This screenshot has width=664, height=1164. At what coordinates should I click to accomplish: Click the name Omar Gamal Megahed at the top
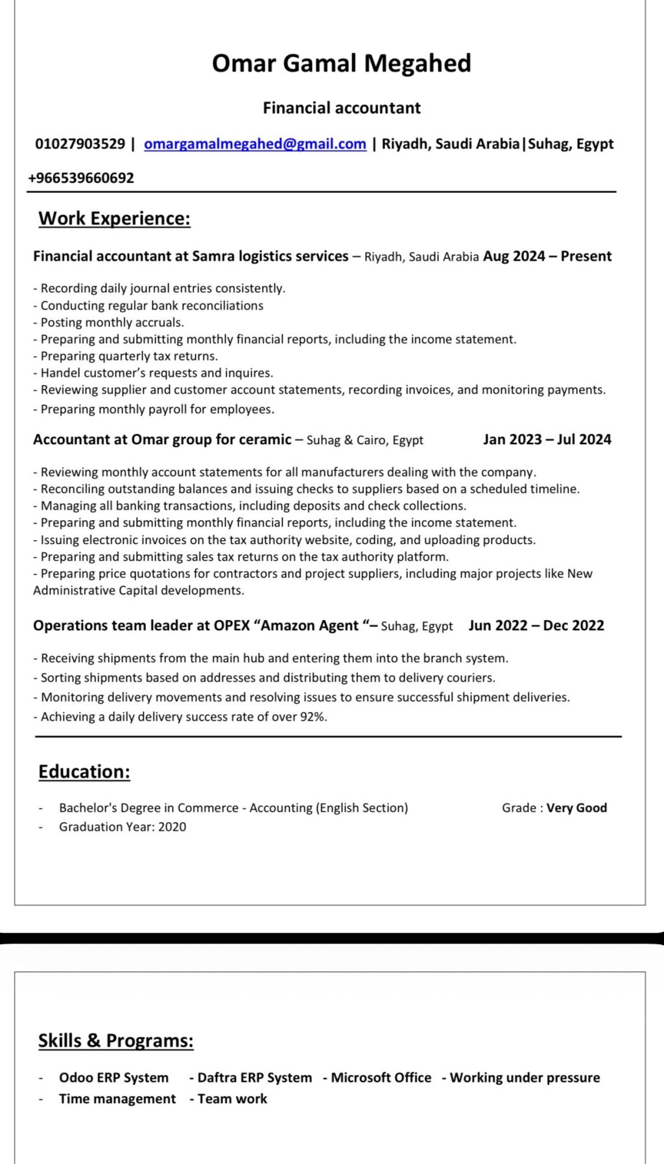pos(341,64)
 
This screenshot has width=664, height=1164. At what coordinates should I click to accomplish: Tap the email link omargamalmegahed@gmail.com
pos(255,144)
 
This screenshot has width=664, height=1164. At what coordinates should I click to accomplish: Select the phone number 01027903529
pos(80,144)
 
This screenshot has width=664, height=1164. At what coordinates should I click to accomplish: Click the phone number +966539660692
pos(81,178)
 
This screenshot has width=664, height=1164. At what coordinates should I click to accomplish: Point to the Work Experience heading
pos(114,219)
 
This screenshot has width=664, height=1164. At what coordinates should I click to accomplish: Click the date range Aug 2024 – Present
pos(547,256)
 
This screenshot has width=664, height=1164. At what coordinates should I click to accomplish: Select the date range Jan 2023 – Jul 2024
pos(547,440)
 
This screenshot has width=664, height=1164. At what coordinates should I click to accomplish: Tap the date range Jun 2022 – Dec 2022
pos(536,626)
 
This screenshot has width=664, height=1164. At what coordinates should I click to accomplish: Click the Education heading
pos(84,772)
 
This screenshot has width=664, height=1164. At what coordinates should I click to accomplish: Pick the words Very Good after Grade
pos(576,808)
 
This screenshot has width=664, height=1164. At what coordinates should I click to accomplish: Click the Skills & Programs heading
pos(115,1041)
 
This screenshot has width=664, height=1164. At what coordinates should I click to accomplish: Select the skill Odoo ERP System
pos(113,1078)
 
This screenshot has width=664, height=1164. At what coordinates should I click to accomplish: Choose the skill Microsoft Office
pos(381,1078)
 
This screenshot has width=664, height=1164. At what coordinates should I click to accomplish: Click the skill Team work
pos(232,1099)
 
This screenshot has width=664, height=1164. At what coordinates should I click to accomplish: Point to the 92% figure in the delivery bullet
pos(313,717)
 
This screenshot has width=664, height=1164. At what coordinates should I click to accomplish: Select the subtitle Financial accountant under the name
pos(341,108)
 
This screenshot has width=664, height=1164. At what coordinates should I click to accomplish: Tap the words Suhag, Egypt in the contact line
pos(571,144)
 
